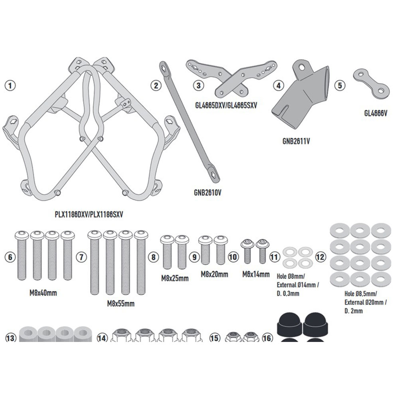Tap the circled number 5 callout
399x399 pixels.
[x=340, y=85]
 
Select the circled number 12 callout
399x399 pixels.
[x=320, y=257]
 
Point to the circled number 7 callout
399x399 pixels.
[x=81, y=257]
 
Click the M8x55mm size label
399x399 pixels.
[x=120, y=304]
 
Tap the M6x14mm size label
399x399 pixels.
[x=255, y=274]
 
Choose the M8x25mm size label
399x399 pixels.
[x=175, y=278]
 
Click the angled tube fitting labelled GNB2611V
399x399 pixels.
[x=302, y=98]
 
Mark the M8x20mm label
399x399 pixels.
[x=214, y=274]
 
